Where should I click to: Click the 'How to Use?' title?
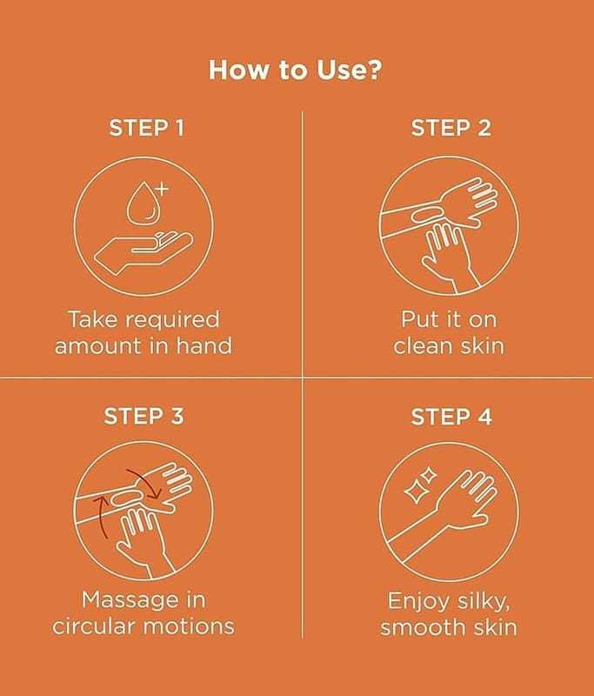tap(295, 70)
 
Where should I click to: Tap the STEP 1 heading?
tap(146, 128)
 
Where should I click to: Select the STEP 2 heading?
tap(451, 128)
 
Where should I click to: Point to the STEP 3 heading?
tap(143, 417)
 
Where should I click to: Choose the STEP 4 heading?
tap(451, 417)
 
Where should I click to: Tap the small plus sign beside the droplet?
tap(163, 189)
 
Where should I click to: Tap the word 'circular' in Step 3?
tap(93, 626)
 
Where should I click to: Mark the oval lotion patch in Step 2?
tap(426, 215)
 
